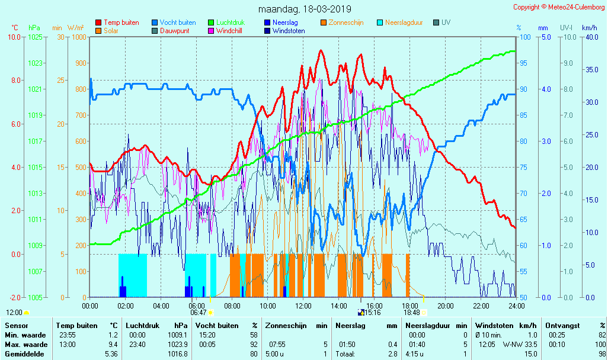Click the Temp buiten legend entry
tap(121, 22)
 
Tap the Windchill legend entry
tap(228, 31)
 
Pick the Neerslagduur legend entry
tap(404, 22)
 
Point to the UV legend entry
tap(446, 22)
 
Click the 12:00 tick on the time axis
tap(303, 306)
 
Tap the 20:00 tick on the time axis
tap(446, 306)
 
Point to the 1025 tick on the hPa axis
tap(35, 37)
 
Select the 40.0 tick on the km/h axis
tap(589, 37)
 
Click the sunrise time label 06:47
tap(198, 313)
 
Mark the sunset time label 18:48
tap(412, 313)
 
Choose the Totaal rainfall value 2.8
tap(393, 354)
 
